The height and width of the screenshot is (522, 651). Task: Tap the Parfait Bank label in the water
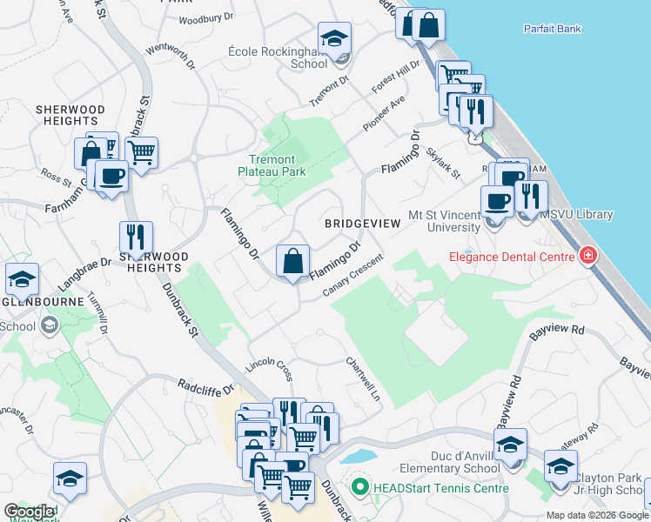pos(552,29)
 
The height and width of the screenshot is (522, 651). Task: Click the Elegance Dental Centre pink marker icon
pos(589,256)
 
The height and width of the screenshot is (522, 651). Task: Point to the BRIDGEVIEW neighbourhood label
pos(362,224)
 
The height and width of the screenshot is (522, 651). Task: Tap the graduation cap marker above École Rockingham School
pos(334,39)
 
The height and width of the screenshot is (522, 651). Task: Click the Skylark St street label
pos(444,162)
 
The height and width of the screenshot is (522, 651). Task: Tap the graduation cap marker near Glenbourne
pos(22,280)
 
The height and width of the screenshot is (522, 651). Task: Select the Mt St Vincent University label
pos(444,221)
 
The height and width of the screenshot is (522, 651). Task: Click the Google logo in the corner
pos(29,512)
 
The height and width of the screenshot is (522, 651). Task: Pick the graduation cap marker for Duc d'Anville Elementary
pos(510,445)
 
